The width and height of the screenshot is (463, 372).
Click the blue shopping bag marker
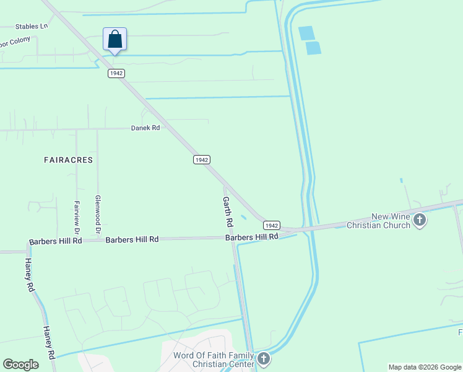115,40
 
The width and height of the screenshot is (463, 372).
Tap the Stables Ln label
32,27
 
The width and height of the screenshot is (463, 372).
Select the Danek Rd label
145,128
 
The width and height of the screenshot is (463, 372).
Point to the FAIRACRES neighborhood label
68,160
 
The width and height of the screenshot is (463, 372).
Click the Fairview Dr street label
78,216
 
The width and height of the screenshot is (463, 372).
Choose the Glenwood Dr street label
97,215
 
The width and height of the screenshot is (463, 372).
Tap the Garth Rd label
228,211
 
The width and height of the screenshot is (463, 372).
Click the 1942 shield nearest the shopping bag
116,73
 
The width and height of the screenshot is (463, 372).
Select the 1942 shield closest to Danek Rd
201,160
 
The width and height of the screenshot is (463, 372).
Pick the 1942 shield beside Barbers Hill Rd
273,225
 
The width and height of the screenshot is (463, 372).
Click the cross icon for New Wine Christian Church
420,219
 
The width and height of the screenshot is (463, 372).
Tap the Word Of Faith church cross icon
264,358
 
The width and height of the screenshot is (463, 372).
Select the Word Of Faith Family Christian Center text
214,360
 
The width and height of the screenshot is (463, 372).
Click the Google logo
20,365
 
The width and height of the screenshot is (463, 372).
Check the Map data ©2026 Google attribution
425,367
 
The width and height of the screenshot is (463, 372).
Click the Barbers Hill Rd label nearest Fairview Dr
56,241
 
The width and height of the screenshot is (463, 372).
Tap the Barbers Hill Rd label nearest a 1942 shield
252,237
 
